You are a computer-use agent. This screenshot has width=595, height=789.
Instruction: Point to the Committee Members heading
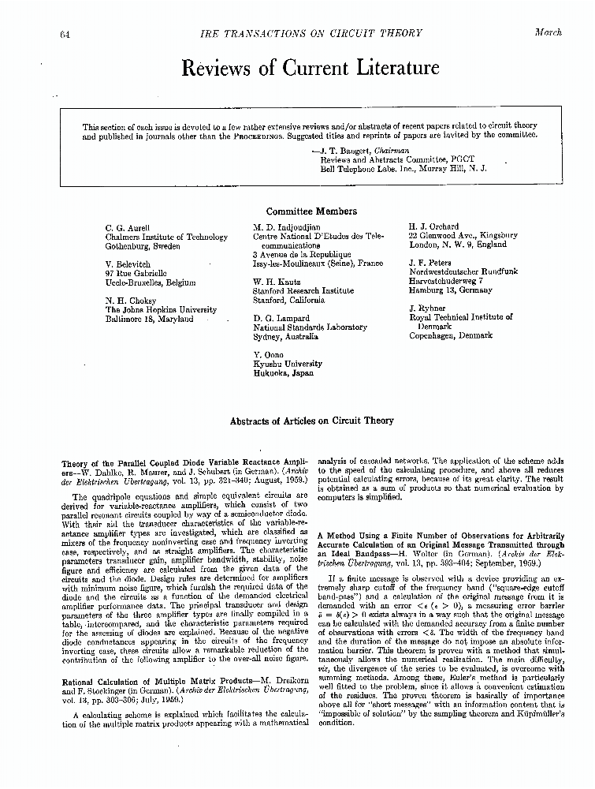coord(311,211)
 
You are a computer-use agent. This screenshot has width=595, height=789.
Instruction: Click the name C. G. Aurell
coord(128,227)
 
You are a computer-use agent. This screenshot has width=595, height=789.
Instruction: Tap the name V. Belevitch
coord(128,264)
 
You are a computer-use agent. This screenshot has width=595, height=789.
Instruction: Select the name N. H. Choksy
coord(131,301)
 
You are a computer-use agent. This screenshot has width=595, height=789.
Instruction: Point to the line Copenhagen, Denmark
coord(450,335)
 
